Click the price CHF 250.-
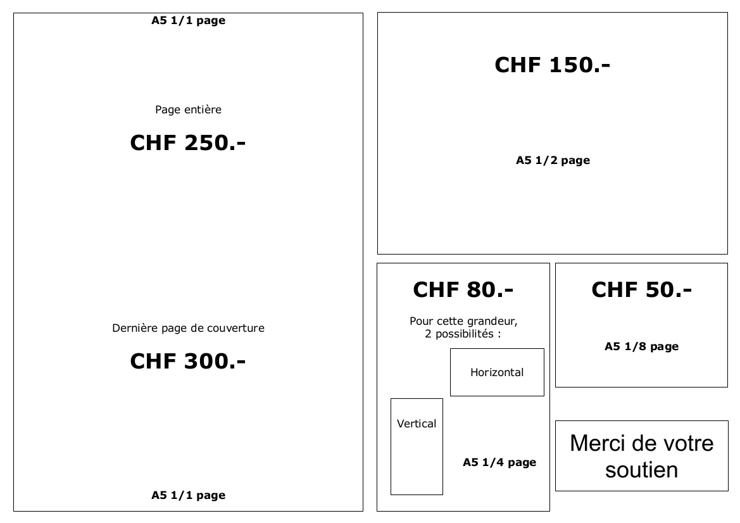point(188,142)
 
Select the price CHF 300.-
point(188,361)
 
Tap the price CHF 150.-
point(552,65)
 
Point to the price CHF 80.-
point(463,289)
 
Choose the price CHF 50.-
point(641,289)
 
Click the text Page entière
point(188,110)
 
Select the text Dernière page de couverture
point(188,328)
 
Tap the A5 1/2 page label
point(553,160)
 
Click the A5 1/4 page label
point(499,462)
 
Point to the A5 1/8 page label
point(641,346)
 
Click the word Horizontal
point(497,372)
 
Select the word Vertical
point(417,424)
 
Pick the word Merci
point(597,443)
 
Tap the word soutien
point(641,470)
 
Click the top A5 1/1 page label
point(188,20)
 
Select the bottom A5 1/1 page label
point(188,495)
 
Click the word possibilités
point(465,334)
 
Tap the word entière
point(203,110)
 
